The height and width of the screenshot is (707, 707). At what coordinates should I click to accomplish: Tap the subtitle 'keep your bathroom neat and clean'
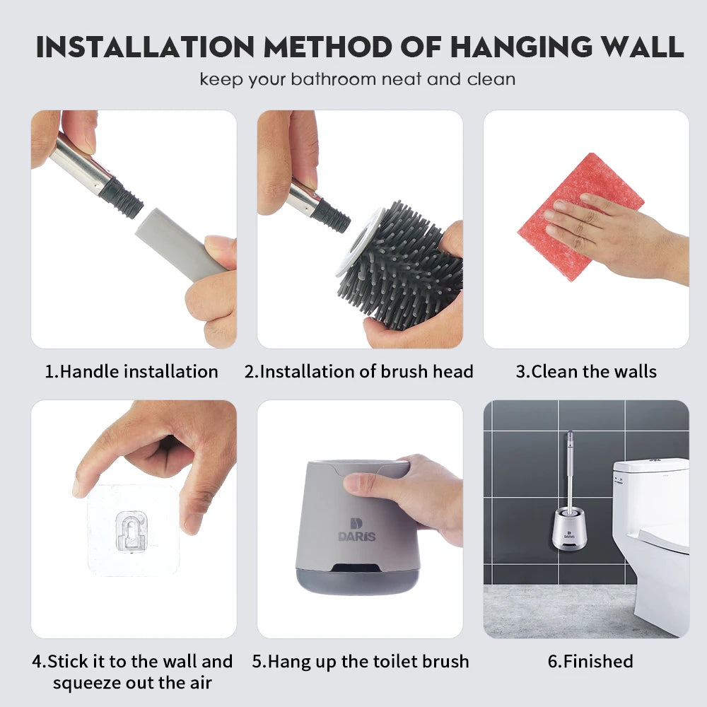point(357,78)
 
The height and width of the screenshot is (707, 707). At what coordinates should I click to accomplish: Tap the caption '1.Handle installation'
point(132,371)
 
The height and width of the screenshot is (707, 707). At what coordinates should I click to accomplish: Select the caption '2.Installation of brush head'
point(359,371)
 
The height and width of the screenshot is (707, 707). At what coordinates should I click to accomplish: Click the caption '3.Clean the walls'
point(585,371)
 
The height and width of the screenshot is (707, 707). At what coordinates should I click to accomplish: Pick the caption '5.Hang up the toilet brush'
point(360,662)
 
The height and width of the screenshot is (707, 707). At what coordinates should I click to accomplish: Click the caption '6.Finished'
point(585,662)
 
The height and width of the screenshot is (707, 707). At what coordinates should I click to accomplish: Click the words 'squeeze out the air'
point(132,683)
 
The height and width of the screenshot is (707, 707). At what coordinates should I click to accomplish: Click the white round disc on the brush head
point(353,240)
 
